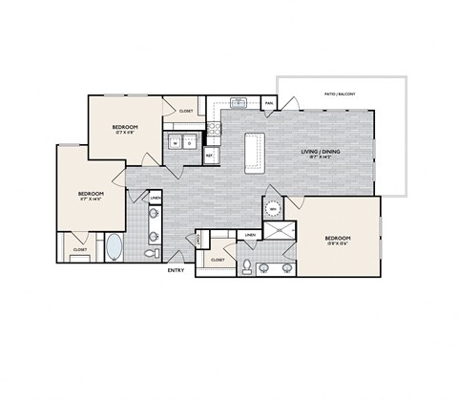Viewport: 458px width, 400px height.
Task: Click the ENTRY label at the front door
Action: (x=176, y=270)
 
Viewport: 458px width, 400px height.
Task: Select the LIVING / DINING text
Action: (x=322, y=152)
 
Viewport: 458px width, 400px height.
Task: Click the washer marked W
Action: (x=176, y=144)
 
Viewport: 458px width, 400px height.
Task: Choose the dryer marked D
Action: (x=190, y=144)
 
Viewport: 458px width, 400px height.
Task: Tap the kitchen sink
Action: (x=239, y=102)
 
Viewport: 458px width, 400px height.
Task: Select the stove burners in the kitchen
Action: (x=211, y=128)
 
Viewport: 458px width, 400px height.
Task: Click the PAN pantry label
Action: (x=269, y=103)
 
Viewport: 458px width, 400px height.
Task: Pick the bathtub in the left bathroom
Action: (x=114, y=246)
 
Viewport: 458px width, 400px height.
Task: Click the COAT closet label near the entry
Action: (x=199, y=242)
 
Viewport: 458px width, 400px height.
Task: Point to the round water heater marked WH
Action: (x=274, y=209)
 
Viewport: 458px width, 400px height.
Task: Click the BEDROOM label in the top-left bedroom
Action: (x=125, y=127)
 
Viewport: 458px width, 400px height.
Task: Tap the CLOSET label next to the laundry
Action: (x=186, y=111)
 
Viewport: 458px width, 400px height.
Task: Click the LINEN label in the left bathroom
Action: (x=156, y=199)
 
